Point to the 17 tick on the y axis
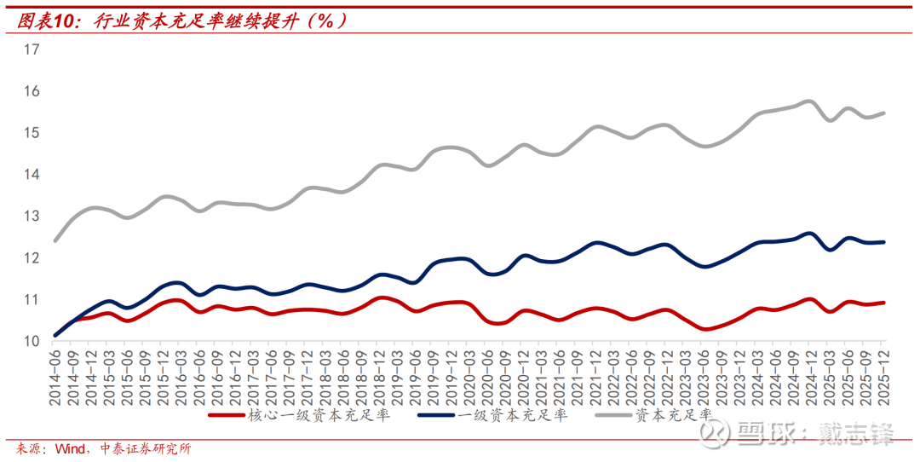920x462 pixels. pyautogui.click(x=32, y=49)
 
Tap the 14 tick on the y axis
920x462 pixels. pyautogui.click(x=32, y=175)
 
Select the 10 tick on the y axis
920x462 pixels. pyautogui.click(x=32, y=341)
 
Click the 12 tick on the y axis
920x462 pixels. pyautogui.click(x=32, y=257)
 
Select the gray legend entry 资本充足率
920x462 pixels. pyautogui.click(x=673, y=415)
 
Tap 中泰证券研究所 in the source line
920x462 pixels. pyautogui.click(x=145, y=448)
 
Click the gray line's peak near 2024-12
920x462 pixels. pyautogui.click(x=808, y=101)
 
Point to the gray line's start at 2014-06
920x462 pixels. pyautogui.click(x=55, y=240)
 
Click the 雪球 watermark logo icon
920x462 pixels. pyautogui.click(x=714, y=433)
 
